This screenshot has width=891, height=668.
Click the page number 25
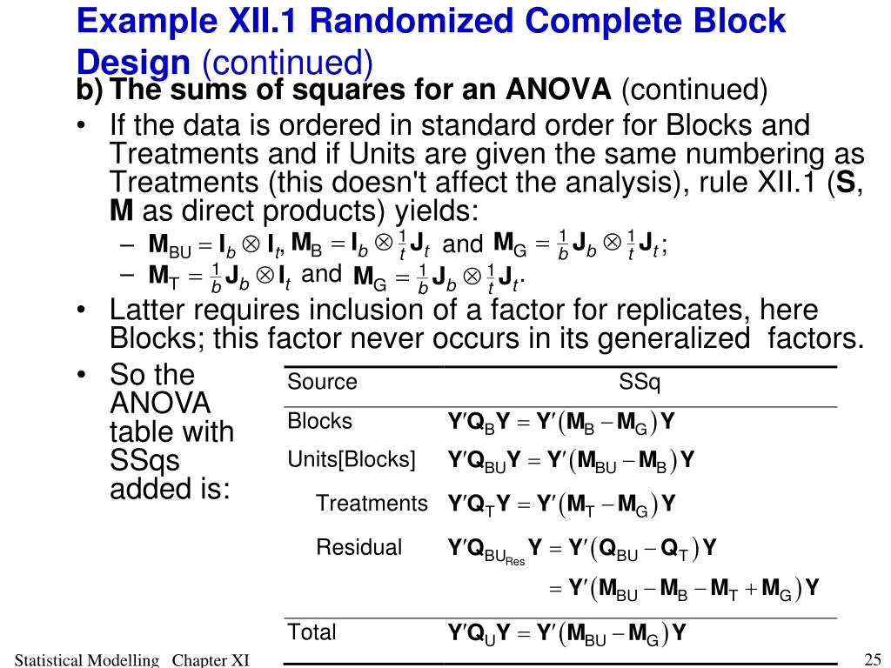(x=873, y=658)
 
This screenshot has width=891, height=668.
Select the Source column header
(x=323, y=383)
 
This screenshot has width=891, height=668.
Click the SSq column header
(x=640, y=383)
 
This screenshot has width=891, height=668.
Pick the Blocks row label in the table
(x=320, y=422)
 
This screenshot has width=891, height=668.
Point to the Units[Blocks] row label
(x=352, y=459)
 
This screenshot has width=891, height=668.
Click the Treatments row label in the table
(x=372, y=504)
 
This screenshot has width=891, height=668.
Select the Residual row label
(x=358, y=548)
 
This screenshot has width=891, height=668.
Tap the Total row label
(x=312, y=632)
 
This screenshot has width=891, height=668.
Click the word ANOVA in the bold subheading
(x=560, y=90)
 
